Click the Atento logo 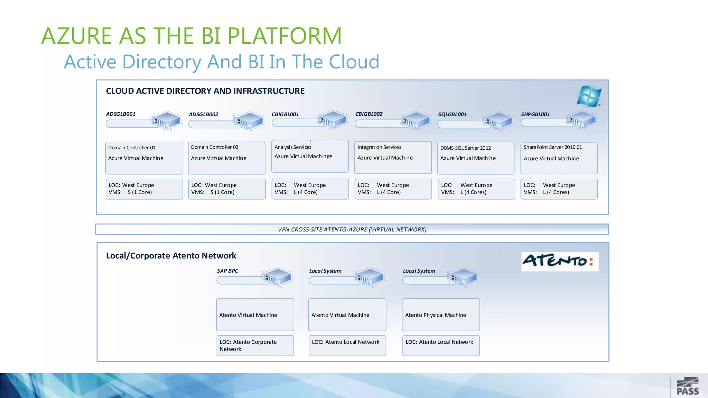[559, 261]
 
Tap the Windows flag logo [589, 96]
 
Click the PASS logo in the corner [688, 387]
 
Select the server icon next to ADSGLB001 [166, 121]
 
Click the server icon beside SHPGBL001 [581, 120]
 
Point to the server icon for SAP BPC [277, 277]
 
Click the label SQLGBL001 [452, 114]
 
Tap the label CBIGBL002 [369, 114]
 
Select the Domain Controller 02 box [226, 158]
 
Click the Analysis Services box [310, 156]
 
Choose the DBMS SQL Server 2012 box [476, 158]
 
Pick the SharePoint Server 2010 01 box [559, 158]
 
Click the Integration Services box [393, 158]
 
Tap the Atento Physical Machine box [441, 315]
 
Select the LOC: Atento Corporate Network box [255, 345]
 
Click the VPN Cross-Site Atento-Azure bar [352, 229]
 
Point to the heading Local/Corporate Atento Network [171, 256]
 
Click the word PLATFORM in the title [285, 36]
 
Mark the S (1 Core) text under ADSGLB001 [140, 192]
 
